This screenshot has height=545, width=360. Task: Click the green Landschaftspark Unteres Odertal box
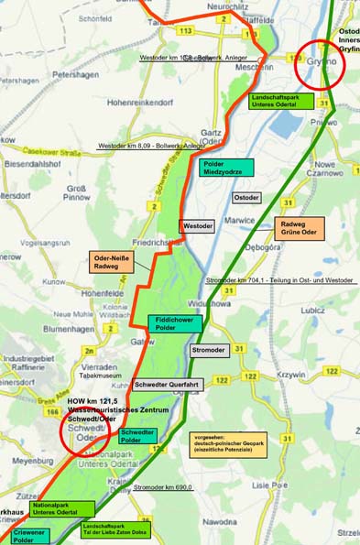coord(281,100)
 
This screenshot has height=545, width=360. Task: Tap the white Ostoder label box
coord(245,198)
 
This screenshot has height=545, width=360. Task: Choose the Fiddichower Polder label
coord(171,323)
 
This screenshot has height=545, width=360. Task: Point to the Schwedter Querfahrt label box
coord(167,386)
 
